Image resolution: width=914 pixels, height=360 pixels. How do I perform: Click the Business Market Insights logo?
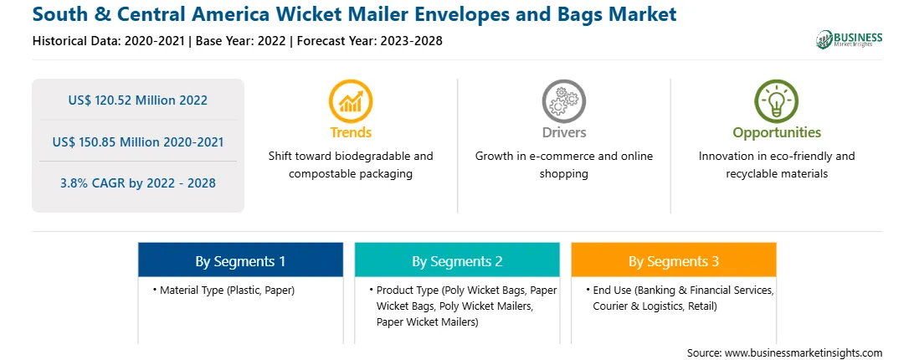[849, 39]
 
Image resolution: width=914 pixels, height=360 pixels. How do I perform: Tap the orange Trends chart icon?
[351, 101]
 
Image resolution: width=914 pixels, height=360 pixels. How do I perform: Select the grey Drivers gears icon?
[563, 101]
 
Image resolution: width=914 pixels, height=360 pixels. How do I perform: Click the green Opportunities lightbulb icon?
[777, 101]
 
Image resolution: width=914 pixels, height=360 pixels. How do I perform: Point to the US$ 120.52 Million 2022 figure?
[137, 100]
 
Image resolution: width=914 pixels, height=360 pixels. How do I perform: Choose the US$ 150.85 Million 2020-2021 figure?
[137, 141]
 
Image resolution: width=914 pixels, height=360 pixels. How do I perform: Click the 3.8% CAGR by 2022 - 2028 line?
[137, 183]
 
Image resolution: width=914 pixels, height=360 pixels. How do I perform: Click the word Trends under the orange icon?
[351, 132]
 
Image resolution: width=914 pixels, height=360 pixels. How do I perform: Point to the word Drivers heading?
[563, 132]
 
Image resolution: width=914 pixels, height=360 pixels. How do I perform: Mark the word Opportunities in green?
[777, 132]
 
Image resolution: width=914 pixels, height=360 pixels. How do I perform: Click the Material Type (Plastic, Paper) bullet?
[224, 290]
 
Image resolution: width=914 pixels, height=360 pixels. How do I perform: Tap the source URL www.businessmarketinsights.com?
[804, 353]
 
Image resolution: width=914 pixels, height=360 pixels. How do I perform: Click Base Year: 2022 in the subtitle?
[241, 41]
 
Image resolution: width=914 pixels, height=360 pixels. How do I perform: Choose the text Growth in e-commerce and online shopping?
[563, 165]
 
